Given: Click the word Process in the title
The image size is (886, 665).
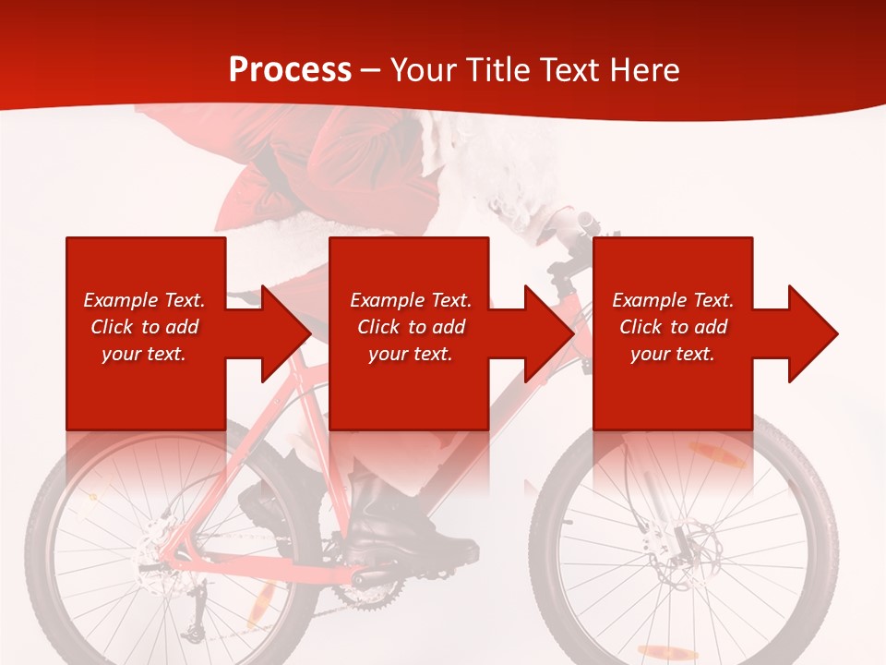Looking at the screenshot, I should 290,69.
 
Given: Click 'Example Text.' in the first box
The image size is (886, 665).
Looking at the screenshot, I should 144,300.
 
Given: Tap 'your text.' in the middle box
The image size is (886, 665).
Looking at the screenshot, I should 410,354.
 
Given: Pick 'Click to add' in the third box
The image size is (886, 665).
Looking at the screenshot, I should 673,327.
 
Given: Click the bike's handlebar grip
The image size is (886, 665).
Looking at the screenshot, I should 585,221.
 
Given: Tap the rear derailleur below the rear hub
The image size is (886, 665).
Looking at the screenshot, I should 194,628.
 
